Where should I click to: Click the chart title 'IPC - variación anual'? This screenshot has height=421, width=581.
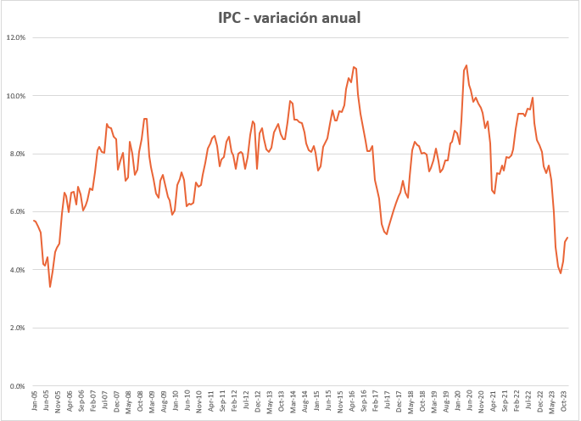click(288, 18)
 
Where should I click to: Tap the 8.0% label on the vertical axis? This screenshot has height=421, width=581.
click(19, 154)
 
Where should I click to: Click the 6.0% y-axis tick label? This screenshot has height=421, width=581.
click(19, 212)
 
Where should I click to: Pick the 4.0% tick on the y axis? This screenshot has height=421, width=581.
click(19, 270)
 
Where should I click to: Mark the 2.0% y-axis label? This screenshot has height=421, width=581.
click(19, 328)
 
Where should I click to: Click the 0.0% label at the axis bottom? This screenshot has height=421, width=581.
click(19, 386)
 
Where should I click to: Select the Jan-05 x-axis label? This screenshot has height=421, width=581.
click(35, 401)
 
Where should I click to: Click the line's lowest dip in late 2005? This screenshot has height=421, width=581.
click(50, 286)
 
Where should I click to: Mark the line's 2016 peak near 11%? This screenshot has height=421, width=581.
click(353, 67)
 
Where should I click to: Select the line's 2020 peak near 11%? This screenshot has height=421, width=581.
click(466, 65)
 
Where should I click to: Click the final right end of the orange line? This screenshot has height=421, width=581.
click(567, 238)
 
